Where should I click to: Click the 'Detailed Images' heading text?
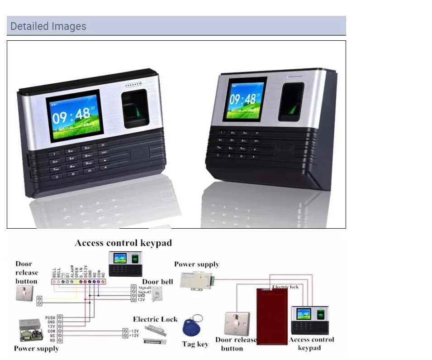coord(48,26)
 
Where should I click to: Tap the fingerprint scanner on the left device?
coord(136,108)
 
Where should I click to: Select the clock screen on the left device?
coord(75,115)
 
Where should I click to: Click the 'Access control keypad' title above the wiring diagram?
coord(123,243)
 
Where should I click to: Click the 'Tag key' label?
coord(195,344)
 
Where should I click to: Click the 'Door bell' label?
coord(157,281)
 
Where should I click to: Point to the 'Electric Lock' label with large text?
coord(155,319)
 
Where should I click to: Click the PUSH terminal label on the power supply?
coord(50,318)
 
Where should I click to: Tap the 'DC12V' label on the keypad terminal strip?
coord(86,271)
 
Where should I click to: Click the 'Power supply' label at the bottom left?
coord(36,349)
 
